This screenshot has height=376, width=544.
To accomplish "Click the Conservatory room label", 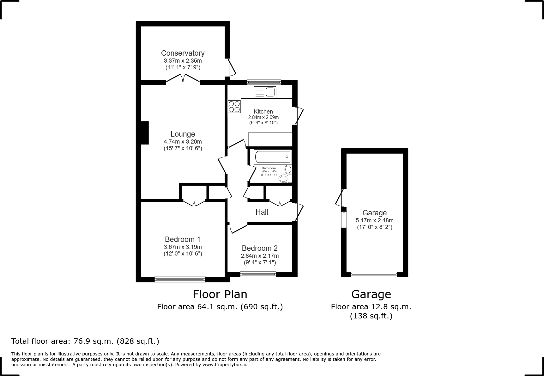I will (x=183, y=53).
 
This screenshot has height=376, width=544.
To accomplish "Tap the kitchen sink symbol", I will (x=265, y=92).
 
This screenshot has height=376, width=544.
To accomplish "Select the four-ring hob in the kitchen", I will (x=234, y=106).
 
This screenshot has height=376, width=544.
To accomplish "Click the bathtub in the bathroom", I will (x=272, y=157).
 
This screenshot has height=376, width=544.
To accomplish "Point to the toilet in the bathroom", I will (x=285, y=179).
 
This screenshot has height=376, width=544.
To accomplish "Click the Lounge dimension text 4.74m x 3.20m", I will (x=183, y=142).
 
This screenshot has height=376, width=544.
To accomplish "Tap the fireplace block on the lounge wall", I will (x=145, y=133).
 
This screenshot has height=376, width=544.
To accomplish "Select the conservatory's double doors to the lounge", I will (x=183, y=79).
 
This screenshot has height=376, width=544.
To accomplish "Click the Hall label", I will (x=262, y=212).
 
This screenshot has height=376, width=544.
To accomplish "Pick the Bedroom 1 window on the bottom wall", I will (x=180, y=279).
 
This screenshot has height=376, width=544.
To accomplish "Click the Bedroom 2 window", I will (x=258, y=274).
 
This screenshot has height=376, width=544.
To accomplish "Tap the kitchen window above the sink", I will (x=264, y=82).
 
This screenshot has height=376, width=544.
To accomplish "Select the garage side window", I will (x=344, y=219).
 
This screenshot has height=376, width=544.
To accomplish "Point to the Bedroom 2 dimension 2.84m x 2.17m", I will (x=260, y=256).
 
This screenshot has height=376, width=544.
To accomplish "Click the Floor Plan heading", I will (x=220, y=294).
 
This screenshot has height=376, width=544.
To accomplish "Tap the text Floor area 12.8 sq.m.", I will (x=371, y=306).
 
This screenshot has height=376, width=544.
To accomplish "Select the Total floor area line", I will (x=85, y=341).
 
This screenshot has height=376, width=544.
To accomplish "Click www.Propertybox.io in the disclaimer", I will (x=225, y=365).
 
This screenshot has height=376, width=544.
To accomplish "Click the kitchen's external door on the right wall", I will (x=299, y=116).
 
